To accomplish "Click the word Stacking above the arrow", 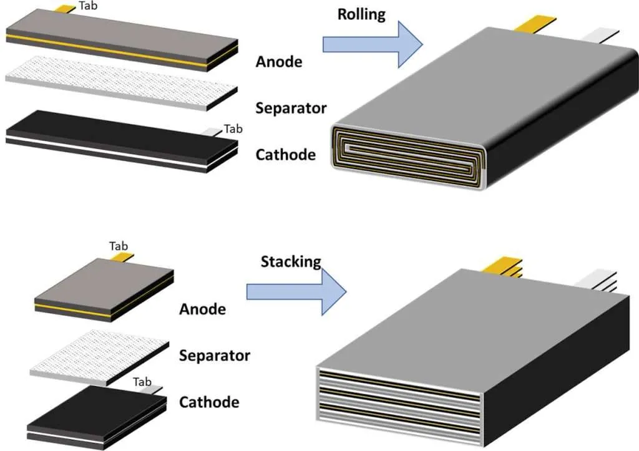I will pos(290,261).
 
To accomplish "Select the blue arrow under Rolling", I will pos(373,44).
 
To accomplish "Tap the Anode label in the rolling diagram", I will pos(278,62).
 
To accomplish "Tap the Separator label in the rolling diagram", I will pos(291,108).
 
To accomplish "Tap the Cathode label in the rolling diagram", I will pos(285,154).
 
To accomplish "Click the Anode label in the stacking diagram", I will pos(202,309).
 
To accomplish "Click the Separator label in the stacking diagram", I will pos(214,356).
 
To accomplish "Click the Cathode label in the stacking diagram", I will pos(208,402).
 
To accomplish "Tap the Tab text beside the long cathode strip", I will pos(233,129).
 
